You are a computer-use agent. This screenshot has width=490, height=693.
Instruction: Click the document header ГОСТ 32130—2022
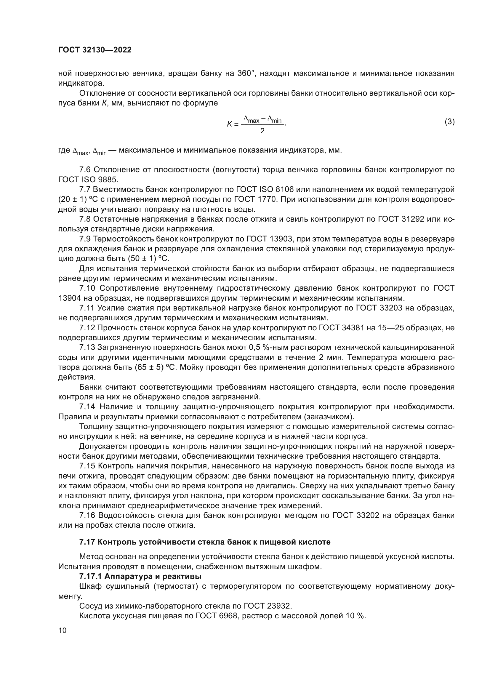tap(95, 50)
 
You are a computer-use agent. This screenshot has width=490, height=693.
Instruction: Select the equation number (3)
tap(450, 122)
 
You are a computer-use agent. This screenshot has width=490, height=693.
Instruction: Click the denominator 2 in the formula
tap(262, 131)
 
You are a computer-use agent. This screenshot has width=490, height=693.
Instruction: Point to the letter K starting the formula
tap(229, 124)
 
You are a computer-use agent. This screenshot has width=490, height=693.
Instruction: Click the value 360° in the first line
tap(246, 73)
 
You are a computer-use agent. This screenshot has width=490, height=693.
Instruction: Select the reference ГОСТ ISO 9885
tap(88, 180)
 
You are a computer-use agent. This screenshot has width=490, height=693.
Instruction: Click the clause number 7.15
tap(87, 466)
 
